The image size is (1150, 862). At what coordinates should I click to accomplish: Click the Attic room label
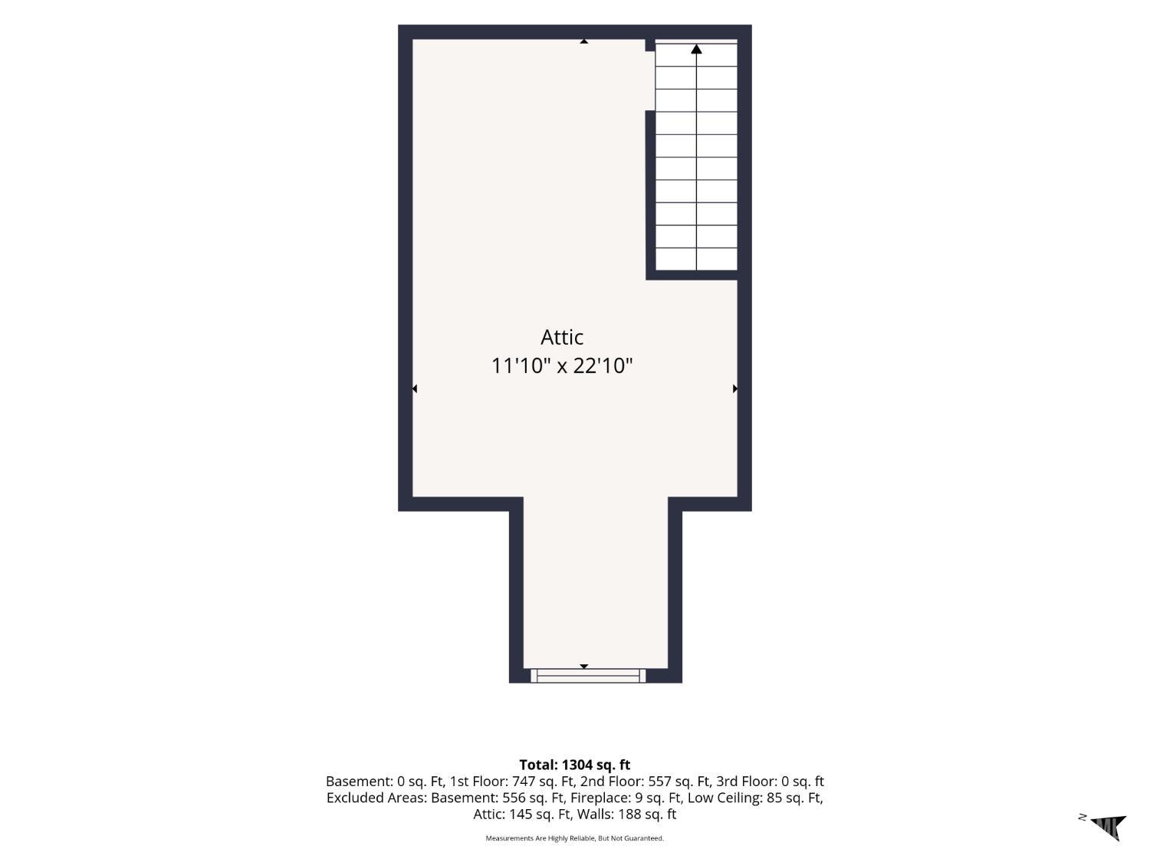tap(562, 337)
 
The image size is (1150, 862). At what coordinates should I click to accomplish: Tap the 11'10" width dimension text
tap(521, 365)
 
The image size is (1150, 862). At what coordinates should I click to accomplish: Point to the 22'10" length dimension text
tap(603, 365)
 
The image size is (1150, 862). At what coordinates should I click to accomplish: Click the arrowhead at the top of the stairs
tap(696, 49)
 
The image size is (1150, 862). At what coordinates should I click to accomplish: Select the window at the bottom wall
tap(588, 676)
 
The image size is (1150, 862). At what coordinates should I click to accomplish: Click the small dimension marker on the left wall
tap(415, 388)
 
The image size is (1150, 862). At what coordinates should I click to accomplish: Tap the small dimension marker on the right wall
tap(735, 388)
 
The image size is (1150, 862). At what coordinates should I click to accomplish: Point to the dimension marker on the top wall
tap(583, 41)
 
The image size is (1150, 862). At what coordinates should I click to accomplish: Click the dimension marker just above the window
tap(583, 667)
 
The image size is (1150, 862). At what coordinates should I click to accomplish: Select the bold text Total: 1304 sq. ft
tap(575, 765)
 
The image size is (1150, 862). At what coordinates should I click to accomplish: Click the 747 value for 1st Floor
tap(524, 781)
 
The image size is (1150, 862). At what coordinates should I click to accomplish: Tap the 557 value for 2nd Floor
tap(659, 781)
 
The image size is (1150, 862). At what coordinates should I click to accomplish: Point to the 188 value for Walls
tap(629, 814)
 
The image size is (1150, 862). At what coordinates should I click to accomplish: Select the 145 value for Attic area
tap(521, 814)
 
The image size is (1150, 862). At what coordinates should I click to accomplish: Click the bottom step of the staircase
tap(696, 259)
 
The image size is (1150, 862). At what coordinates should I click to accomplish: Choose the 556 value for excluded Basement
tap(514, 798)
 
